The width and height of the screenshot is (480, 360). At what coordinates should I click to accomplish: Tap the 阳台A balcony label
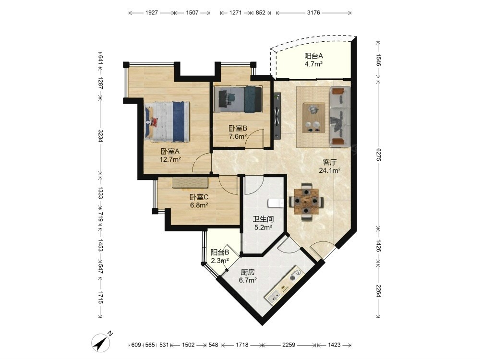pos(313,56)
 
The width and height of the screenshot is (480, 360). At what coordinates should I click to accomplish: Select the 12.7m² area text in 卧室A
pos(170,159)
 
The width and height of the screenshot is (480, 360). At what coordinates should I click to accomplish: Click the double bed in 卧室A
pos(167,122)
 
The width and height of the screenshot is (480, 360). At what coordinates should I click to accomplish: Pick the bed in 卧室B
pos(239,99)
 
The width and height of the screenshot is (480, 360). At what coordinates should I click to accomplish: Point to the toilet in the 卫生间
pos(276,204)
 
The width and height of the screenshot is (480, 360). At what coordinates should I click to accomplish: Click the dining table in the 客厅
pos(306,202)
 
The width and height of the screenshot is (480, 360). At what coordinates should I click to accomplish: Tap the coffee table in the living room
pos(314,118)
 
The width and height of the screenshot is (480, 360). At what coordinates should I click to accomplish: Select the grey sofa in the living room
pos(340,116)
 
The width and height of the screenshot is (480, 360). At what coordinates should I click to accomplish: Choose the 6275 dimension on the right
pos(378,155)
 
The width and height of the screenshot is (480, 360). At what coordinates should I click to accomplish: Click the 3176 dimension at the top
pos(313,12)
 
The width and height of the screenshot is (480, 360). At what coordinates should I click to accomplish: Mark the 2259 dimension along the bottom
pos(288,345)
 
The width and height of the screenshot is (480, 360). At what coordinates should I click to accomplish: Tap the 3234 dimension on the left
pos(100,136)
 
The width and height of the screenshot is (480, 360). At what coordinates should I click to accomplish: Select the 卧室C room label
pos(199,197)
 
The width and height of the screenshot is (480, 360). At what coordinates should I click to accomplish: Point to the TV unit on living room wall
pos(277,116)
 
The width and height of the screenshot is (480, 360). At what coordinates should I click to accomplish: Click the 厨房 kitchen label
pos(248,272)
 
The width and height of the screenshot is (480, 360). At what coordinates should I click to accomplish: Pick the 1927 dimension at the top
pos(152,12)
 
